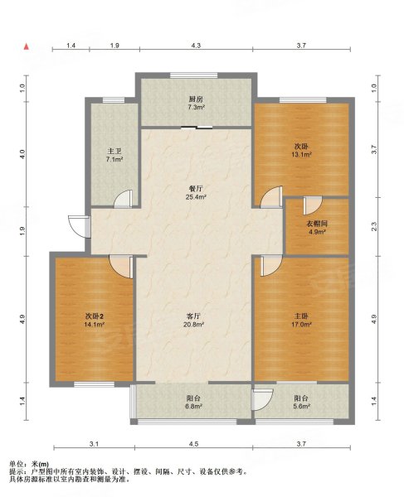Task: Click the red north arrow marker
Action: (x=27, y=47)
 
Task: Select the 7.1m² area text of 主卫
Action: (x=114, y=159)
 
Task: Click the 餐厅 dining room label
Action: (x=196, y=189)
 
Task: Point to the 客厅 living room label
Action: (x=193, y=316)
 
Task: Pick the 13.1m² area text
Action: (x=301, y=155)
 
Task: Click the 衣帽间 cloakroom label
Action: (x=317, y=224)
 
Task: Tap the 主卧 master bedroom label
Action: (x=301, y=316)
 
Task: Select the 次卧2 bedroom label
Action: (x=95, y=316)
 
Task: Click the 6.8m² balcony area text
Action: (x=193, y=407)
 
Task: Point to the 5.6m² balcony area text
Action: (x=301, y=407)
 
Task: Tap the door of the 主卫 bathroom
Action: (x=123, y=199)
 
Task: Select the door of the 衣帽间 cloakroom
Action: (x=313, y=205)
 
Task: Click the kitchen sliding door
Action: (x=197, y=128)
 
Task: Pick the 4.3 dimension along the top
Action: (x=196, y=46)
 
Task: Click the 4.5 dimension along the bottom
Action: (x=193, y=444)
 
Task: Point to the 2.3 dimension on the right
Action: (x=374, y=227)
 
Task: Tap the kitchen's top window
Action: (x=194, y=75)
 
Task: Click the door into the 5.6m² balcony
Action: (x=262, y=399)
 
